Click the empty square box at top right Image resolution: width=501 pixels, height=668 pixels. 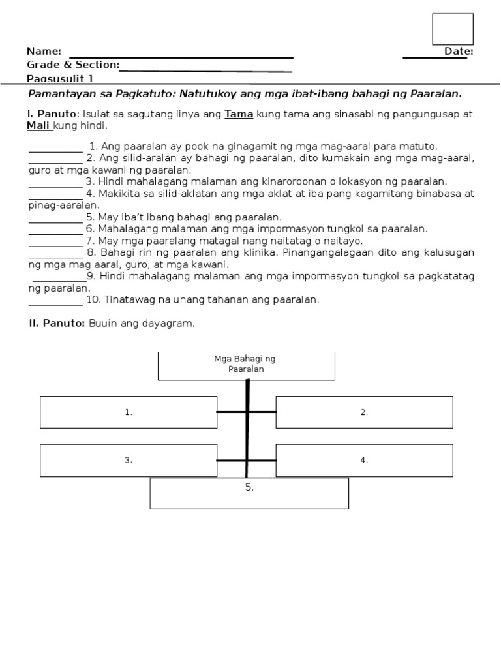coord(452,29)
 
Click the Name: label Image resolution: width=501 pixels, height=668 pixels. coord(44,52)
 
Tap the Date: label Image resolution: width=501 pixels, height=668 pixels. coord(459,52)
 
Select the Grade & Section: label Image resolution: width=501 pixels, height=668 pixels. coord(72,65)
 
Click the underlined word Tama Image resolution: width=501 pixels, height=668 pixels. coord(239,114)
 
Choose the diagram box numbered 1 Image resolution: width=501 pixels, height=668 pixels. coord(129,412)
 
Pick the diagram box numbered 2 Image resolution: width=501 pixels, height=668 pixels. coord(364,412)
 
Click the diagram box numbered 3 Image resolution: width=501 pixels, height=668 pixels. coord(129,460)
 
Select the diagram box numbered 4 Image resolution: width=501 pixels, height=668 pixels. coord(364,460)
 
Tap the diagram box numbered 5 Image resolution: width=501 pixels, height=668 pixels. coord(249,493)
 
